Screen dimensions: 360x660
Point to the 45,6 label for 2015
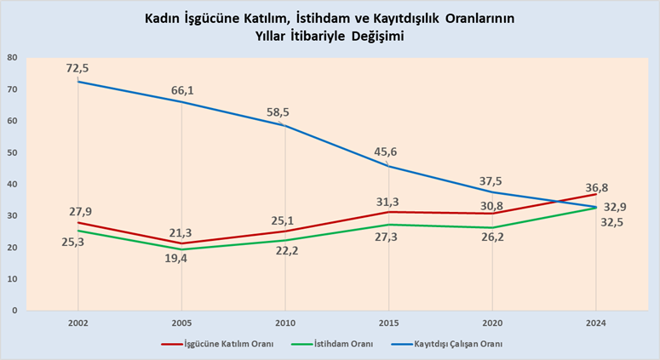388,152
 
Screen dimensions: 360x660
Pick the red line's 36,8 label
596,188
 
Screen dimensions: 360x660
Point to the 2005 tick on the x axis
181,324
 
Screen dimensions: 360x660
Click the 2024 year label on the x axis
596,324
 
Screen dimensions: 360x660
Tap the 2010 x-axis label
285,324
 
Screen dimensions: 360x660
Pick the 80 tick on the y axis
13,58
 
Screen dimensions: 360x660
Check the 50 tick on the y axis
13,152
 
